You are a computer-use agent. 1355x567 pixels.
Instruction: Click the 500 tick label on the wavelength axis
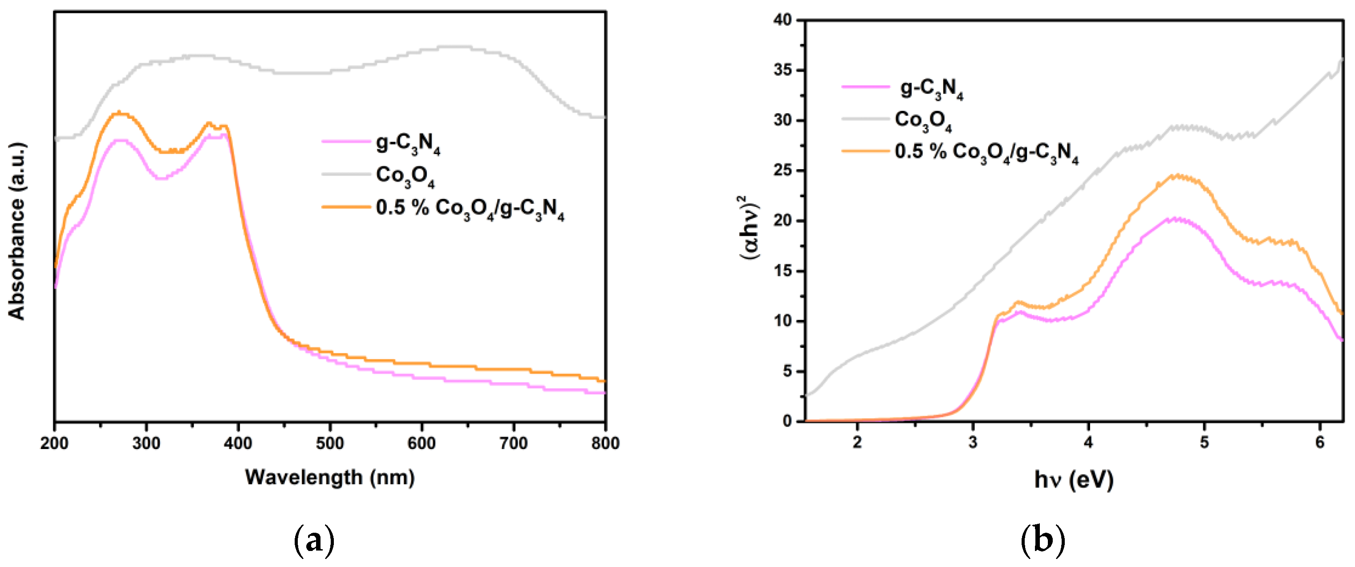click(x=330, y=443)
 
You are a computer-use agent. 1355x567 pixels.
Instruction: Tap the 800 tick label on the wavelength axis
click(x=605, y=443)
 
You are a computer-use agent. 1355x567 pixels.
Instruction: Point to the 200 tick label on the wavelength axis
click(x=55, y=443)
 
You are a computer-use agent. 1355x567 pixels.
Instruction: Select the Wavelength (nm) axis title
click(x=330, y=477)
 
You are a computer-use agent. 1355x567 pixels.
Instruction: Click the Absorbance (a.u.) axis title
click(x=17, y=231)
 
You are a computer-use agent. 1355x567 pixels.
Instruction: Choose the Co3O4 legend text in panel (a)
click(x=405, y=176)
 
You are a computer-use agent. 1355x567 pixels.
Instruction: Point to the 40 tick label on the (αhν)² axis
click(x=783, y=20)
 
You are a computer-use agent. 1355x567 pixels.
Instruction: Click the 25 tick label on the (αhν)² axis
click(x=783, y=170)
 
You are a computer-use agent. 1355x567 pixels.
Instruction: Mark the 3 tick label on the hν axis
click(x=973, y=442)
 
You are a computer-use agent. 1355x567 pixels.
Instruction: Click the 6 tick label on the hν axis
click(x=1320, y=442)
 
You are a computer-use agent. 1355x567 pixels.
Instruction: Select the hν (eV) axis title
click(x=1074, y=479)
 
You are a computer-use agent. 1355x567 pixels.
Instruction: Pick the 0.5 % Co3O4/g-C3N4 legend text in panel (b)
click(x=986, y=153)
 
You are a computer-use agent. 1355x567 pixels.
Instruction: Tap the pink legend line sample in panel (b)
click(x=865, y=86)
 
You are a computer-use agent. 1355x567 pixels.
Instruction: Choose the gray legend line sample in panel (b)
click(x=865, y=119)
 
